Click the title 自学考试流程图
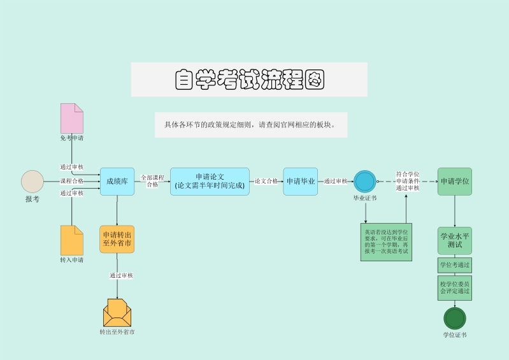pyautogui.click(x=249, y=80)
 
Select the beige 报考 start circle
pyautogui.click(x=32, y=182)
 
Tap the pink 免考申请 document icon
pyautogui.click(x=72, y=118)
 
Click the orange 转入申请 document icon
pyautogui.click(x=72, y=240)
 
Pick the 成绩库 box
pyautogui.click(x=117, y=182)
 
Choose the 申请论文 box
pyautogui.click(x=210, y=182)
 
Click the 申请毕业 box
pyautogui.click(x=300, y=182)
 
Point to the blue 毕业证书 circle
pyautogui.click(x=365, y=182)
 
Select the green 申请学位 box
pyautogui.click(x=454, y=182)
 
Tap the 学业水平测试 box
pyautogui.click(x=454, y=240)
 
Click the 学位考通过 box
pyautogui.click(x=454, y=265)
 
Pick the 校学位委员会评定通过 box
pyautogui.click(x=454, y=287)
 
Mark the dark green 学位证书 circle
pyautogui.click(x=454, y=319)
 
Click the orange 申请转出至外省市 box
pyautogui.click(x=117, y=239)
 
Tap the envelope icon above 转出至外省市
pyautogui.click(x=117, y=313)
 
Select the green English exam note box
pyautogui.click(x=387, y=242)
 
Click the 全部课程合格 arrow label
pyautogui.click(x=152, y=181)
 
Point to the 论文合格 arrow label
pyautogui.click(x=266, y=181)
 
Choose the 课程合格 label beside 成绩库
pyautogui.click(x=72, y=181)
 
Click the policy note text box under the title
pyautogui.click(x=251, y=125)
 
